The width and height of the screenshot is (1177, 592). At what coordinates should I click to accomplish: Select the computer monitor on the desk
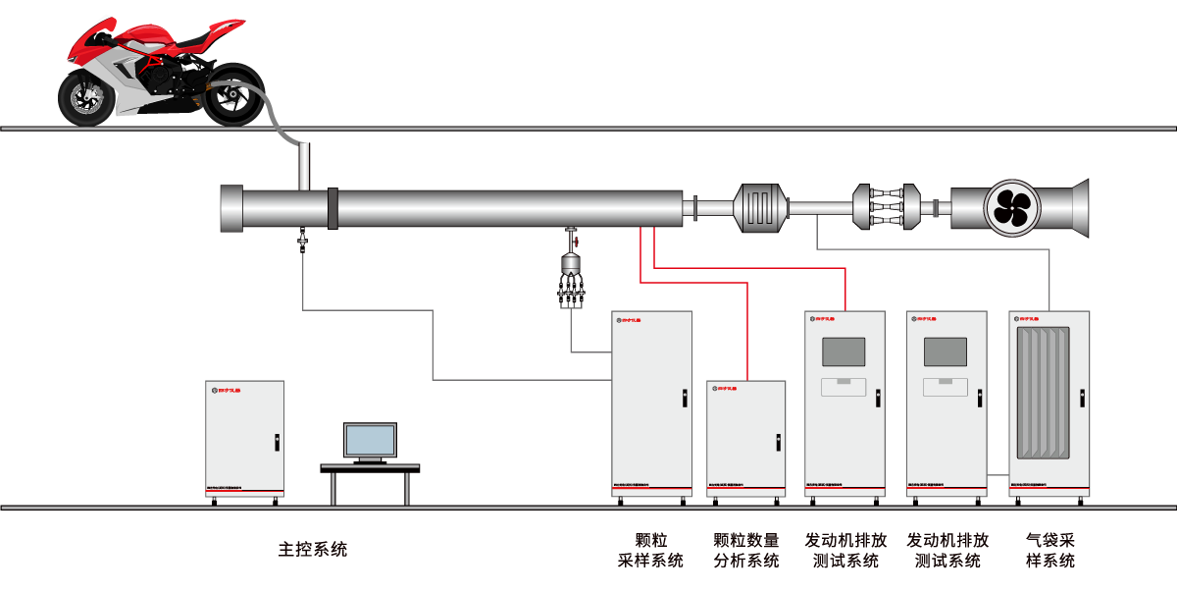tap(370, 442)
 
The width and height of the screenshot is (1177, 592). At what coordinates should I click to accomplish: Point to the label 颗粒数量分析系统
tap(746, 551)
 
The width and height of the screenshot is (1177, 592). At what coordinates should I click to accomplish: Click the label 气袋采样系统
tap(1050, 551)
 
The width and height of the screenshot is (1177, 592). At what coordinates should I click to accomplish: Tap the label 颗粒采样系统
tap(650, 551)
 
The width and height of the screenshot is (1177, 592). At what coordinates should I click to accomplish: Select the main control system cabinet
tap(244, 439)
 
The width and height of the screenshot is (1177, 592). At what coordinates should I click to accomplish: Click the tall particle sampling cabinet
tap(651, 403)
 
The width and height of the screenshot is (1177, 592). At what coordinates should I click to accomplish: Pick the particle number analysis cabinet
tap(746, 438)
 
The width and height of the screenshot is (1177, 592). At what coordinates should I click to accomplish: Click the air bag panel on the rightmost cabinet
tap(1049, 394)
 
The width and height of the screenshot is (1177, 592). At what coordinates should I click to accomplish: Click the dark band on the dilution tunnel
tap(333, 208)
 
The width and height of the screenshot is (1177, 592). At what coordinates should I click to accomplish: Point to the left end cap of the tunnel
tap(230, 208)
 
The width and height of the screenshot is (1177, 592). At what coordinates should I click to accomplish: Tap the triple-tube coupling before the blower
tap(886, 207)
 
